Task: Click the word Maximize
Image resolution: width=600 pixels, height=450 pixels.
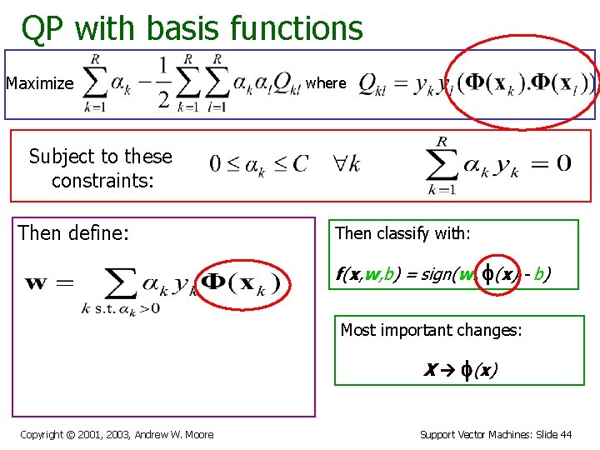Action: point(40,83)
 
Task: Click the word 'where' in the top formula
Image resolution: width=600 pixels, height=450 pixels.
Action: point(326,82)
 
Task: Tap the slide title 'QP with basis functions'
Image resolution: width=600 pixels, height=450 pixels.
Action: point(192,28)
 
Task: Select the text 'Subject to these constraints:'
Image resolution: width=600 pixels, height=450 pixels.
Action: point(100,167)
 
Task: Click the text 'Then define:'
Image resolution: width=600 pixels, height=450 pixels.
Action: point(74,233)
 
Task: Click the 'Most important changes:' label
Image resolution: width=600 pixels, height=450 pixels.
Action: point(432,330)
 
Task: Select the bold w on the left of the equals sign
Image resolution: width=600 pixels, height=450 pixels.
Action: point(37,282)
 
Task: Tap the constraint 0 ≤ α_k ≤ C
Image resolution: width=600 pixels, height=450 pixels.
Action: point(258,163)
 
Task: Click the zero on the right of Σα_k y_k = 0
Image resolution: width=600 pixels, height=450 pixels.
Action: point(563,162)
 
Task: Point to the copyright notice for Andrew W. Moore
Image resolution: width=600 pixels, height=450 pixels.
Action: point(117,434)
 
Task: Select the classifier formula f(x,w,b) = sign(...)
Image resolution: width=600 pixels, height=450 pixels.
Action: point(442,272)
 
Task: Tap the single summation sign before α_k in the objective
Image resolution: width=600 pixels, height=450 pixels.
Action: point(97,82)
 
